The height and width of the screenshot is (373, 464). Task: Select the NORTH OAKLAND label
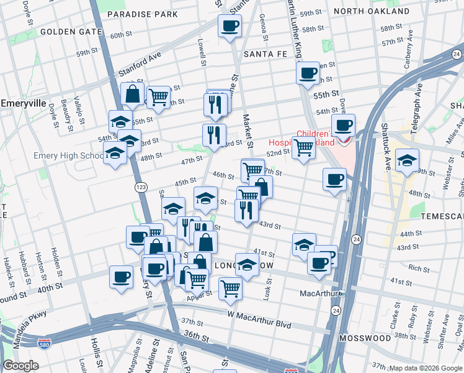380,11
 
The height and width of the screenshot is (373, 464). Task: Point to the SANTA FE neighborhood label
265,54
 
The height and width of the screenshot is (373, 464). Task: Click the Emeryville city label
20,103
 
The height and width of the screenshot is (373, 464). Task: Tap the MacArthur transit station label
318,293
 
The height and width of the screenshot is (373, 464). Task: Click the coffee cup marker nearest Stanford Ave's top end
230,26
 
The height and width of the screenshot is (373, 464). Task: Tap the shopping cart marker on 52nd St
303,148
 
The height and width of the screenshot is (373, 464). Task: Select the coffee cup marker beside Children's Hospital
343,126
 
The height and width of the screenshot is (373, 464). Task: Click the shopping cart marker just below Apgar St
230,288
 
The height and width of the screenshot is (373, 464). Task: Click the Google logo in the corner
21,366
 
